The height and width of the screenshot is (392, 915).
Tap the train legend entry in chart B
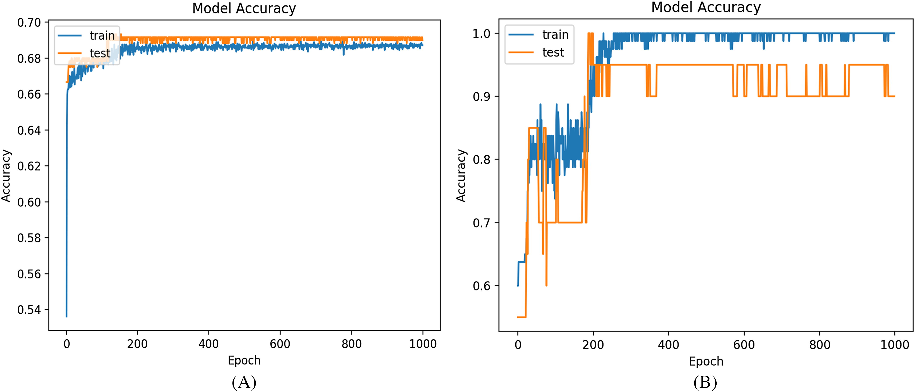[539, 35]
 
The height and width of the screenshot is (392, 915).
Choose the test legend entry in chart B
[536, 52]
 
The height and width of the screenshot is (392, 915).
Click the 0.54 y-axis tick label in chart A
[29, 310]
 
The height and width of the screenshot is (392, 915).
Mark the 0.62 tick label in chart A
[29, 166]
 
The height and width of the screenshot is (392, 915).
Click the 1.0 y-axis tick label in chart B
[481, 34]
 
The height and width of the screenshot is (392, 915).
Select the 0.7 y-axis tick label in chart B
[481, 223]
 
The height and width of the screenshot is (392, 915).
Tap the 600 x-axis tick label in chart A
[280, 344]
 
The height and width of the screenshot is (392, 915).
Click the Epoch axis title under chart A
[244, 360]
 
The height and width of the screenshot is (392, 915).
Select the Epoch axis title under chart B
[706, 361]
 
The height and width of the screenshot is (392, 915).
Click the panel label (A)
[244, 382]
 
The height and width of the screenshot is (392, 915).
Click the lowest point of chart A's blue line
[66, 316]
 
